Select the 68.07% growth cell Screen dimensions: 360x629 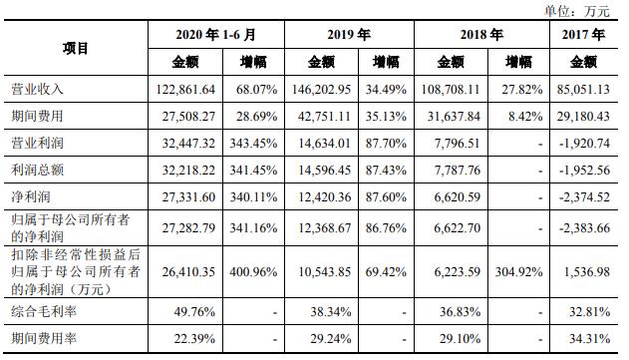click(x=258, y=89)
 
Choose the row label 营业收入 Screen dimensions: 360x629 click(x=37, y=89)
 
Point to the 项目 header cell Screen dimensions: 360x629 click(x=76, y=48)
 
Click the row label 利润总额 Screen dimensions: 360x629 click(x=37, y=169)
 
